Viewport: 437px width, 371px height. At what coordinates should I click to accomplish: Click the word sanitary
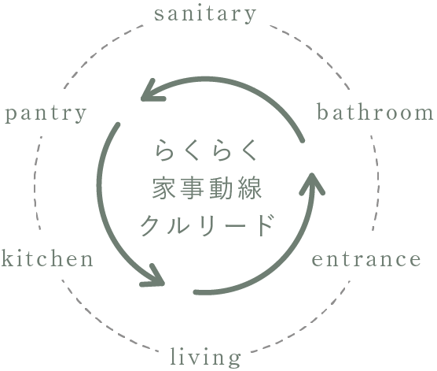205,14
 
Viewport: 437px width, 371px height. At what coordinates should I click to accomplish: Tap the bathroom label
376,113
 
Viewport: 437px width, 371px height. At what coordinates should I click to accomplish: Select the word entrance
366,259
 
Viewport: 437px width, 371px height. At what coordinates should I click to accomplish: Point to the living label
205,358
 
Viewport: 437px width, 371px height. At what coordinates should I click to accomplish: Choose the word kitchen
47,258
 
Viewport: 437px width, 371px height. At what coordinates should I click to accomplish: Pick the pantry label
46,114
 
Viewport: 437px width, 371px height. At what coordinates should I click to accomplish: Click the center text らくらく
206,150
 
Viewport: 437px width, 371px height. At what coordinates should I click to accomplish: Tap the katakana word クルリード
207,225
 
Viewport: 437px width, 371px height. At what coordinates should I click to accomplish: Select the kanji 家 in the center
163,188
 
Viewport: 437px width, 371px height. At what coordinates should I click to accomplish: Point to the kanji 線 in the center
250,188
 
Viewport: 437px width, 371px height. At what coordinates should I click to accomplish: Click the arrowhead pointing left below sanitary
152,91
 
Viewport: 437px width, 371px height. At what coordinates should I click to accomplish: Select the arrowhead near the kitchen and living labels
152,276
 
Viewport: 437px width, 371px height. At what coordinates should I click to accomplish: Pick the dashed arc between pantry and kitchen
35,182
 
